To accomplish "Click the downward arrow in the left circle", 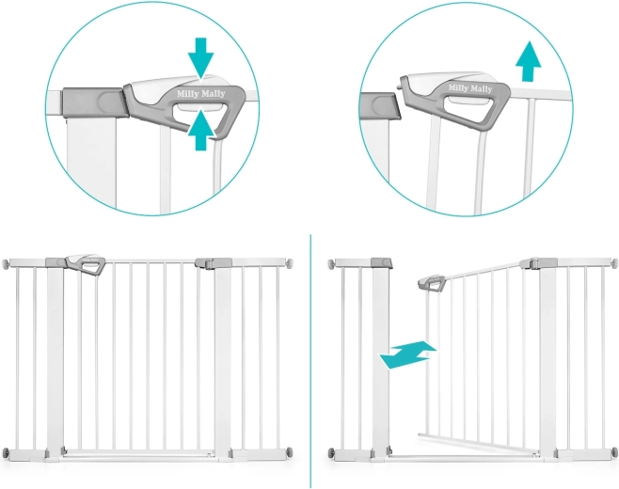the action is point(201,56).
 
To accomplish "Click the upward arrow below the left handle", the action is point(202,131).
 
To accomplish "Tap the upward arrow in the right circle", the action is point(529,61).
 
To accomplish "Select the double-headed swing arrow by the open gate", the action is point(407,355).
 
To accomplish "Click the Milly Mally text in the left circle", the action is point(201,94).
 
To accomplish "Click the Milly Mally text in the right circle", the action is point(470,88).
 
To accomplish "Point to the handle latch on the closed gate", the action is point(86,264).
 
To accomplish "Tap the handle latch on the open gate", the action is point(433,283).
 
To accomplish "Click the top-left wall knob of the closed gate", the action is point(6,263).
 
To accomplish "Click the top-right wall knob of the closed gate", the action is point(290,262).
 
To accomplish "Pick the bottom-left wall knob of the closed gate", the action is point(6,452).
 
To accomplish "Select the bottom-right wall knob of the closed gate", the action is point(290,452).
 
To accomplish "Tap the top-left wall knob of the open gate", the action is point(331,263).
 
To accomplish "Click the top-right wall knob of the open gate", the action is point(614,263).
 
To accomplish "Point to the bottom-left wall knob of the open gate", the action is point(331,452).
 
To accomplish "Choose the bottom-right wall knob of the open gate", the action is point(614,452).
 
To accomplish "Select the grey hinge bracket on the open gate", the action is point(539,263).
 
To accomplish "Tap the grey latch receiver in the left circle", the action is point(94,103).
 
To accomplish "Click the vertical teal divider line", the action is point(310,361).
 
